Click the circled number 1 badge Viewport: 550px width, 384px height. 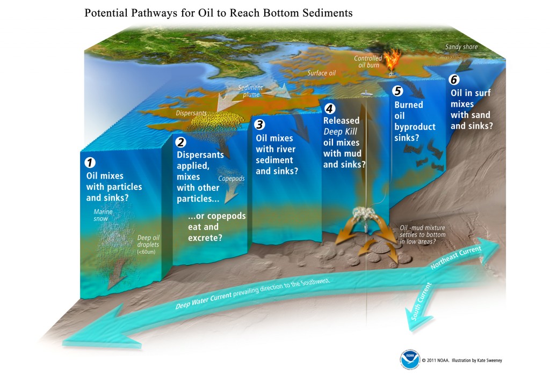point(90,163)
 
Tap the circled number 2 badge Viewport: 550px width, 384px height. point(180,142)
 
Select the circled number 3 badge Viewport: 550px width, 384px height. point(259,124)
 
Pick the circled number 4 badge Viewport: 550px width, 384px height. point(329,109)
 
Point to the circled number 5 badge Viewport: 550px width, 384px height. point(397,91)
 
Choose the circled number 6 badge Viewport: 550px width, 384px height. point(454,80)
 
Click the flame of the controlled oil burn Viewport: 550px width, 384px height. point(392,60)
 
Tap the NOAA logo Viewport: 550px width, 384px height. point(410,359)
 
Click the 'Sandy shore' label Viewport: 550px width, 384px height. point(461,47)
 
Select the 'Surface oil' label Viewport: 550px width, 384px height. point(321,73)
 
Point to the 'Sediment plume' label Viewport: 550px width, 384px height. point(251,91)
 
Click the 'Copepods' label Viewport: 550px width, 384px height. point(231,179)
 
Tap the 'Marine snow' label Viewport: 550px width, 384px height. point(103,215)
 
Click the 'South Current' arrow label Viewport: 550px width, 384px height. point(421,301)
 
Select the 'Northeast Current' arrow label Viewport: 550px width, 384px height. point(456,257)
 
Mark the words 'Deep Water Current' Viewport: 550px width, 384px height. point(204,300)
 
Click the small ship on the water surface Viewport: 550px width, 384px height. point(366,93)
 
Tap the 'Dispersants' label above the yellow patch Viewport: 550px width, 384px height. point(191,113)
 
